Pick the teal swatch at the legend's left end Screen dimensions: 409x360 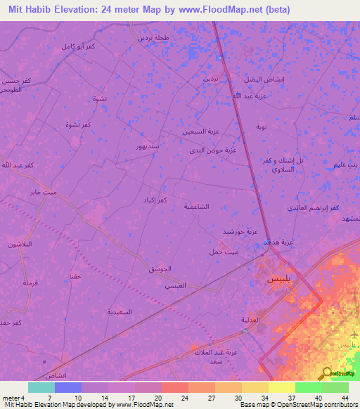[x=41, y=387]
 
